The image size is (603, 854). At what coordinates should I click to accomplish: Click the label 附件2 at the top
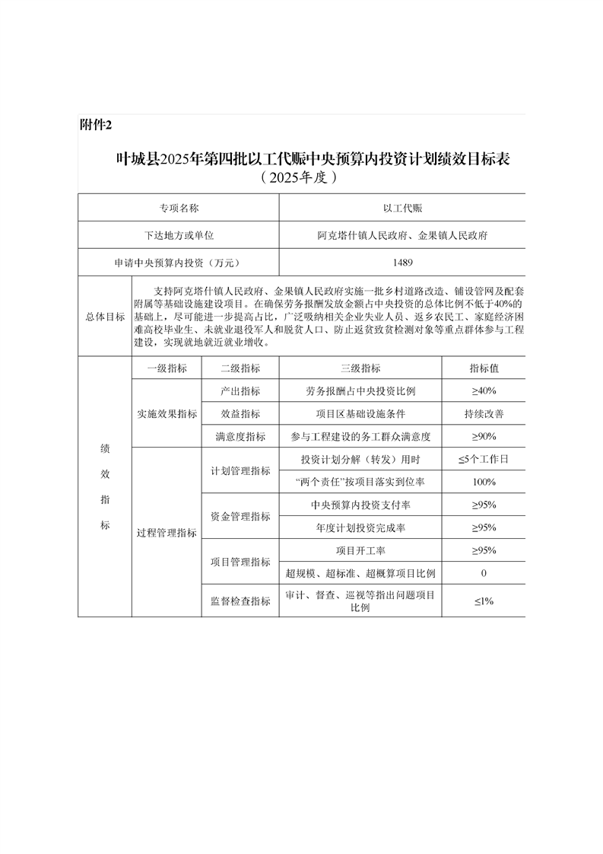point(96,125)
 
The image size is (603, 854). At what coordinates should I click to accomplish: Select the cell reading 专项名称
point(179,207)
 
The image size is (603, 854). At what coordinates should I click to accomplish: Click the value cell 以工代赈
point(402,207)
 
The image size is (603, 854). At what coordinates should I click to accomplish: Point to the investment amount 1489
point(402,263)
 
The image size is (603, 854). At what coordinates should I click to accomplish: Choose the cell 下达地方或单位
point(179,235)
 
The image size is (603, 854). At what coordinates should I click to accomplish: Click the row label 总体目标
point(105,317)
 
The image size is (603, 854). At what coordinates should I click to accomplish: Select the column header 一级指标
point(167,368)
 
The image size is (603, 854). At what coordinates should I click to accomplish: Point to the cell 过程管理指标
point(167,533)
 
